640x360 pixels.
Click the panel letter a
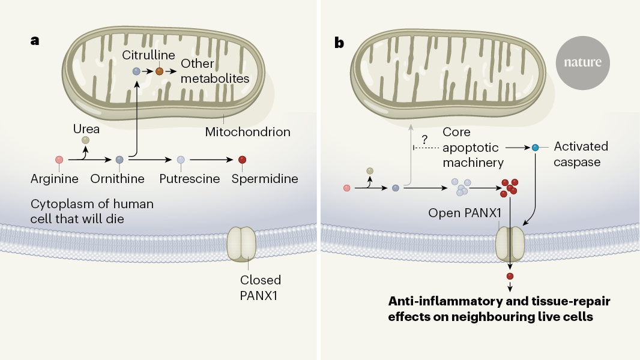(35, 41)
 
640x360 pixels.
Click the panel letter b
(339, 43)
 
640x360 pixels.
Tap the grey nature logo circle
(582, 62)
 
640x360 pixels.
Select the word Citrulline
(149, 55)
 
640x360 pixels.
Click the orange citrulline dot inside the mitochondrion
(159, 71)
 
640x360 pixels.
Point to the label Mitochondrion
(248, 131)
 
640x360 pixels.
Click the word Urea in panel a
(86, 128)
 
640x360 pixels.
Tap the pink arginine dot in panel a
(59, 160)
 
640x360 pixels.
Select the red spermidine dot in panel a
(242, 160)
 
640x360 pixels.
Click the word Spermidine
(265, 179)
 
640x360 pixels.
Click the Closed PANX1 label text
(261, 287)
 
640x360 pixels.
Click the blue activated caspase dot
(536, 146)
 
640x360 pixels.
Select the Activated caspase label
(581, 153)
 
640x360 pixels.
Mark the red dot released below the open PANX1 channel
(510, 276)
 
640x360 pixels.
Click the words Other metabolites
(214, 71)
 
